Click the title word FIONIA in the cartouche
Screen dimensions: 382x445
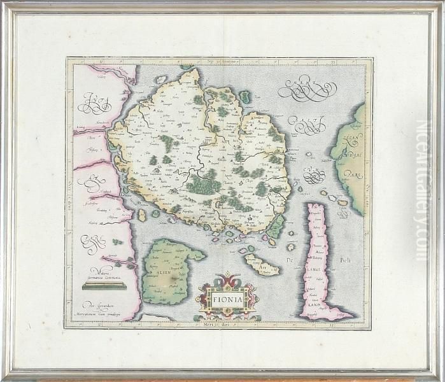tap(227, 295)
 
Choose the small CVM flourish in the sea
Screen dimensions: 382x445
tap(313, 174)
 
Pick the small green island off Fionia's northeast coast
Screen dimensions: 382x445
tap(244, 97)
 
